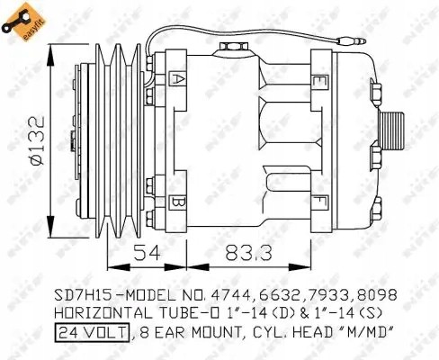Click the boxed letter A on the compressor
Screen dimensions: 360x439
click(177, 79)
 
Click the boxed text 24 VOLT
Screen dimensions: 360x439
click(89, 333)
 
